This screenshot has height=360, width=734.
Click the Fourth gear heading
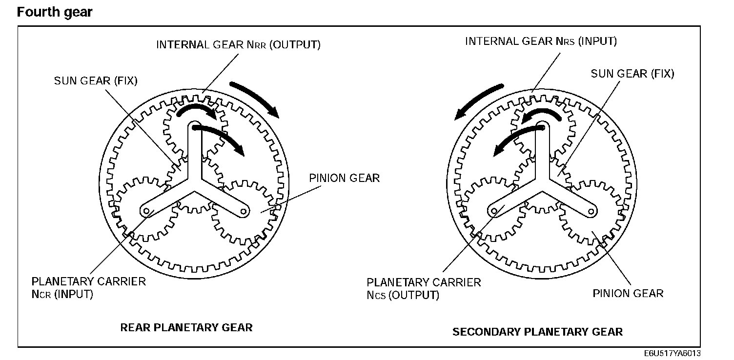coord(55,12)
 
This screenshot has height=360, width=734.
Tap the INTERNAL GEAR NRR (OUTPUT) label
coord(238,45)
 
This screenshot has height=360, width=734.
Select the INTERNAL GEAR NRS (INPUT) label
coord(541,41)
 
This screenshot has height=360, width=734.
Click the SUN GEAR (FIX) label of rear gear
coord(96,80)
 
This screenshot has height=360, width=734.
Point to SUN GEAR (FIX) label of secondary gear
coord(632,74)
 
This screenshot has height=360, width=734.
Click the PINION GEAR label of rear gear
coord(345,178)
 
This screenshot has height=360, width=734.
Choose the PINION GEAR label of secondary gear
coord(628,293)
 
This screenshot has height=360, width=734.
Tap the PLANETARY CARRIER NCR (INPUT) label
coord(88,288)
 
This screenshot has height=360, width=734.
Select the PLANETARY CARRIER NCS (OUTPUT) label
coord(424,289)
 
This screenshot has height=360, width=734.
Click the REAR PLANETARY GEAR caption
coord(186,327)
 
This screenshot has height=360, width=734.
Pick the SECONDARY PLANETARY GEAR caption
coord(537,332)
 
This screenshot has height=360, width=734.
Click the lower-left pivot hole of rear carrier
coord(145,211)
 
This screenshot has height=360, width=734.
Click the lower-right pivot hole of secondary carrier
coord(591,210)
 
